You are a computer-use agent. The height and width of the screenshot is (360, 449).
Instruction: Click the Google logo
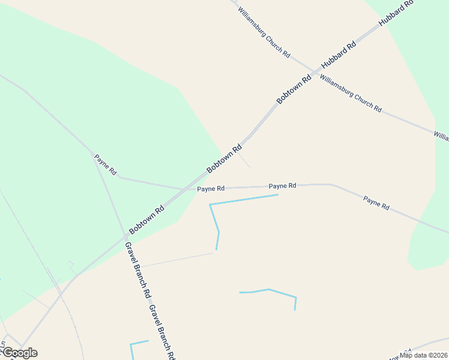click(x=20, y=353)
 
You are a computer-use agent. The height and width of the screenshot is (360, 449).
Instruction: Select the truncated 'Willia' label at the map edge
click(x=441, y=137)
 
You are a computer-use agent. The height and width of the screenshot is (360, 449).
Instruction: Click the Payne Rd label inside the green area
click(x=105, y=164)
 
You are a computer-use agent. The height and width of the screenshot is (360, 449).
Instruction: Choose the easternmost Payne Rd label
click(x=376, y=203)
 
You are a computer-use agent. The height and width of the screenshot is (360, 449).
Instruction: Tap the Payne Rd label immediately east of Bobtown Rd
click(x=211, y=188)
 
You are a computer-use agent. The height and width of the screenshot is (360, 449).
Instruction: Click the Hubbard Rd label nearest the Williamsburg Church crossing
click(x=339, y=54)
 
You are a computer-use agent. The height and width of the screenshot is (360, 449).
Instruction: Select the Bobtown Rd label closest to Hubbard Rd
click(x=294, y=89)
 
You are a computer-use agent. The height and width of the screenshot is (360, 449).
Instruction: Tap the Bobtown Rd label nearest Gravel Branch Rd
click(x=146, y=220)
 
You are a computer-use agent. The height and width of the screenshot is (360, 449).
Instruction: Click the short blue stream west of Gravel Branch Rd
click(x=139, y=344)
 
